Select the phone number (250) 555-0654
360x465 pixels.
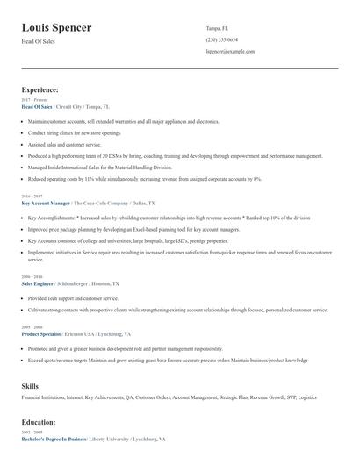pos(221,39)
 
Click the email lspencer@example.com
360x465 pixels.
pos(230,52)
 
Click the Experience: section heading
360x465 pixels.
pos(40,89)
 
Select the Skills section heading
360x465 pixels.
pos(30,385)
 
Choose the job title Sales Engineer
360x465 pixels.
pos(37,284)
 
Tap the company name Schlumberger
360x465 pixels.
pos(78,284)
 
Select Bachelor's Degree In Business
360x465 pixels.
pos(54,438)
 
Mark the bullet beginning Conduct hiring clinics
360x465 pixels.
pos(75,132)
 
